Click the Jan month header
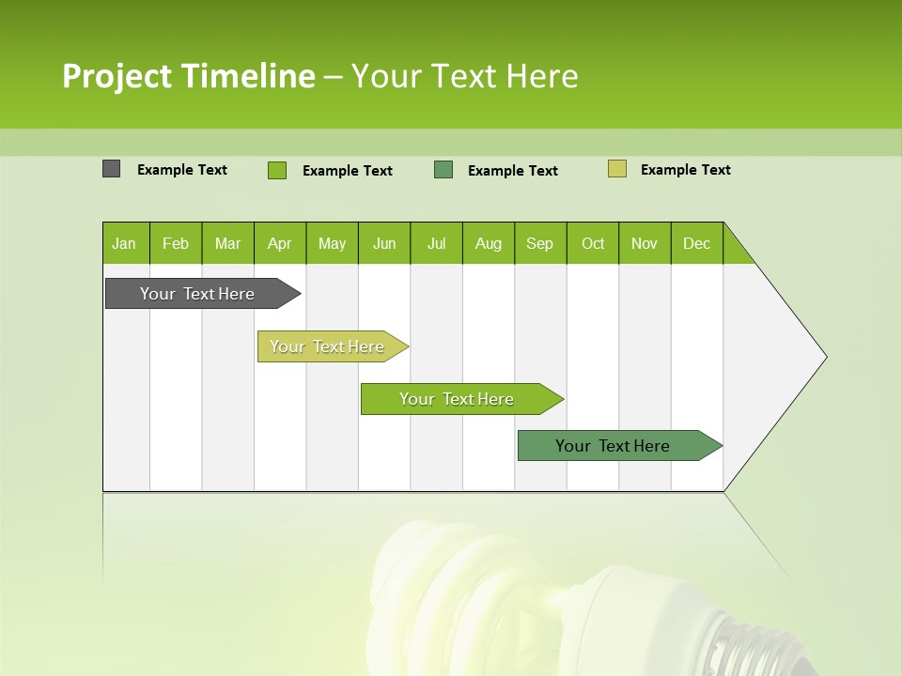(125, 243)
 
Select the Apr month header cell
(280, 243)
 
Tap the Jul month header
(436, 243)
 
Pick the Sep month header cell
(540, 243)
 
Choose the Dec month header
(696, 243)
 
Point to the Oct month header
(593, 243)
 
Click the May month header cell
(332, 243)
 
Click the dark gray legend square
(111, 169)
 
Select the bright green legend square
(277, 170)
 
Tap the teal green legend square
(443, 169)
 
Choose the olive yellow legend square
(616, 169)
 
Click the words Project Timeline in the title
(188, 76)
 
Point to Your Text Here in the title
(464, 76)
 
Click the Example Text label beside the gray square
(182, 170)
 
